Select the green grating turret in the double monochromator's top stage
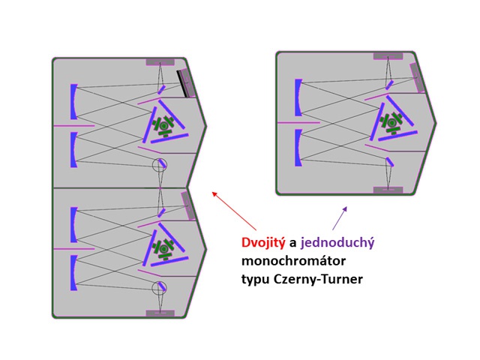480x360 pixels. point(163,124)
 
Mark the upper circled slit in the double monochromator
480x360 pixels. point(159,165)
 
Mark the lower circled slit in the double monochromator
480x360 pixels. point(159,287)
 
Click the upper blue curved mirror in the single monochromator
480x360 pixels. point(298,97)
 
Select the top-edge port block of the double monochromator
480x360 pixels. point(160,61)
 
